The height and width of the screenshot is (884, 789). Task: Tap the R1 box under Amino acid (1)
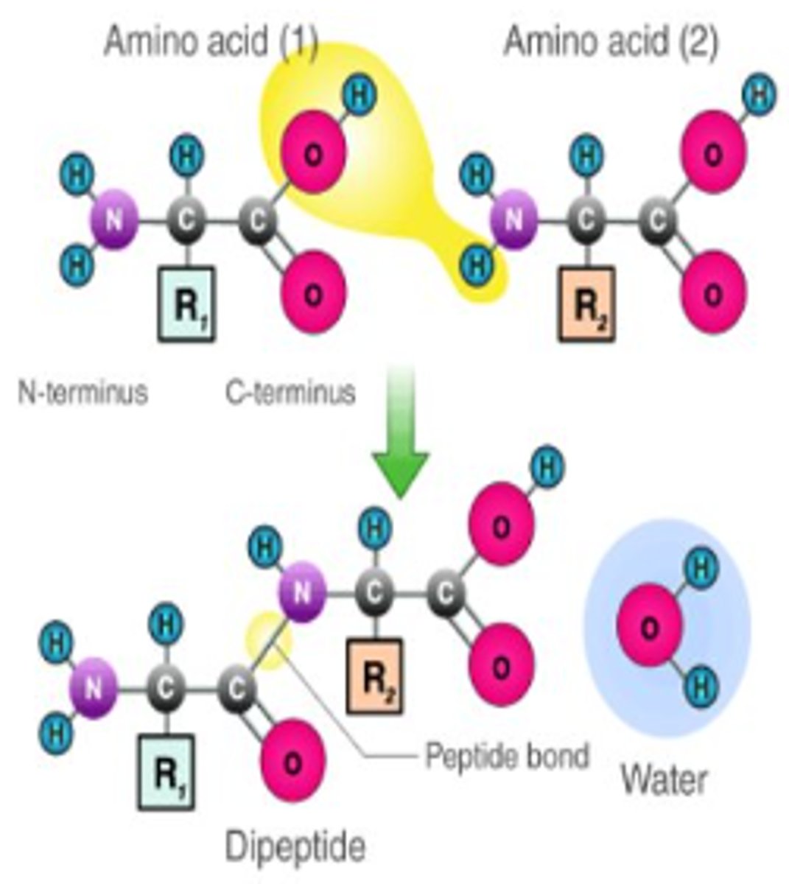187,304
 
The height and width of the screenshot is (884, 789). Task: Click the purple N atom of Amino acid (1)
113,220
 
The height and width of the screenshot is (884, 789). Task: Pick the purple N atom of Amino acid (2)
513,220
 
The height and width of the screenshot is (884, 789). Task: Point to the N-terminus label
83,392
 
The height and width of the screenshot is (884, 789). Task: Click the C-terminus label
290,392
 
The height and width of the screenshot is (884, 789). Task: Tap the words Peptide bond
508,756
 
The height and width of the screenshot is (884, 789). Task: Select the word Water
664,779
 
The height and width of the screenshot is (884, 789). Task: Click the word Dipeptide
295,846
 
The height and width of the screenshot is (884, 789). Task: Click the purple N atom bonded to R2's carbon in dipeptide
301,592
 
